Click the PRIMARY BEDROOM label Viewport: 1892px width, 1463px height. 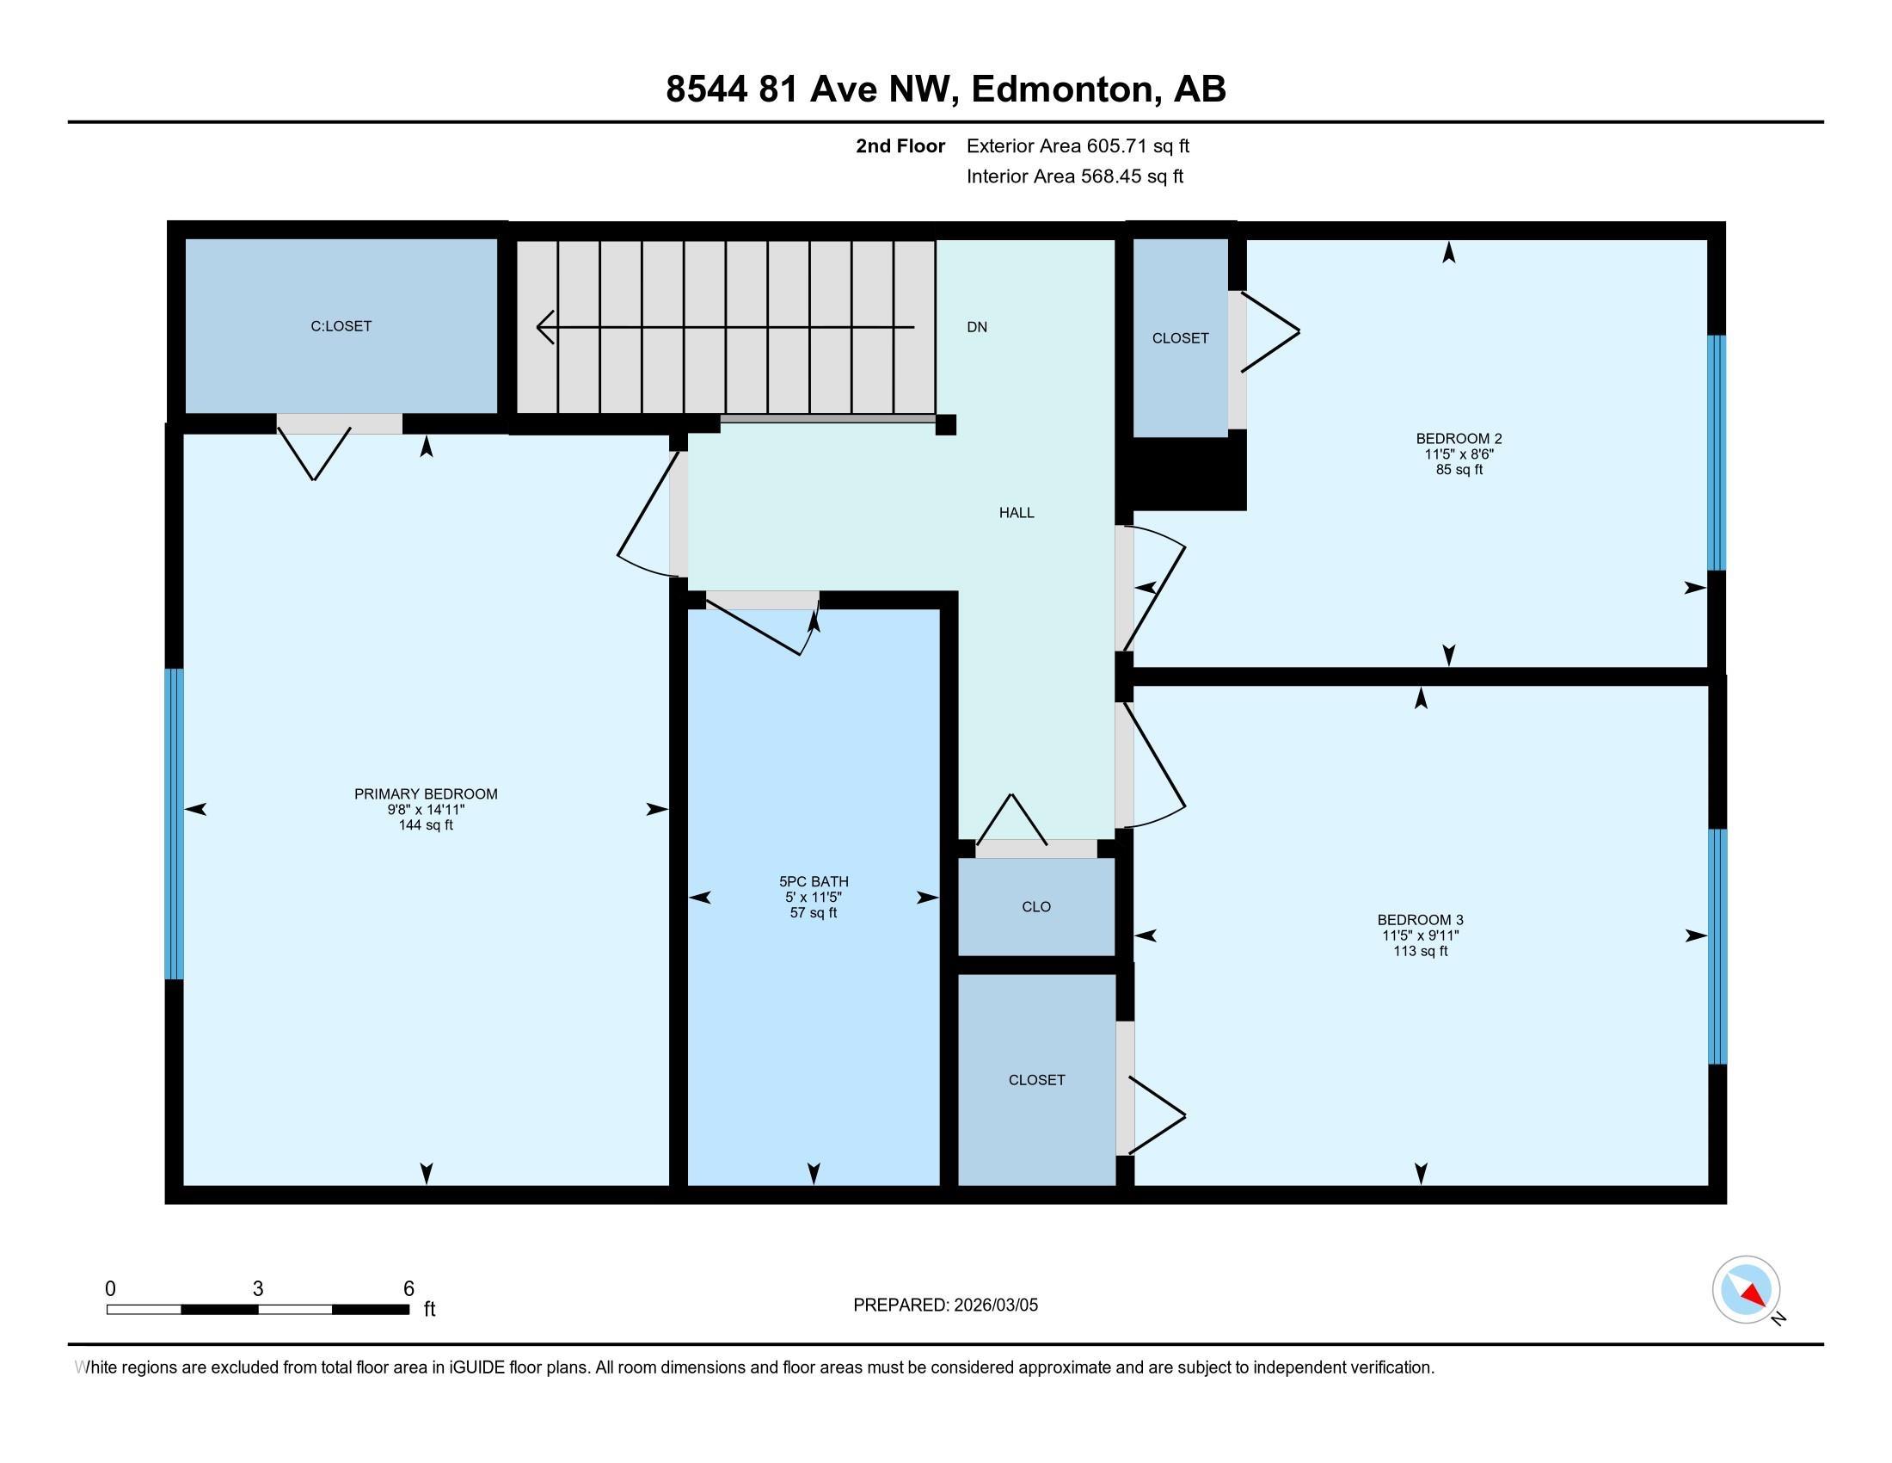pos(426,794)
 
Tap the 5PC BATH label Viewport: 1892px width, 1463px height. pos(814,881)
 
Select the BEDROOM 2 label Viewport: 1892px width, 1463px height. pos(1459,439)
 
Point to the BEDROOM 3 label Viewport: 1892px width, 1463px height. pos(1421,920)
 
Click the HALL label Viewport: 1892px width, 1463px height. pos(1017,512)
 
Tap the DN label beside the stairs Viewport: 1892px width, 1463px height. pos(977,327)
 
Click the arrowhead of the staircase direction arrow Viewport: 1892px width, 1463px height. pos(545,327)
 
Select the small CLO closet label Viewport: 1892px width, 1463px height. pos(1036,906)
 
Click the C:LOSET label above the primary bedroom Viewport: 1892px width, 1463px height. pos(341,326)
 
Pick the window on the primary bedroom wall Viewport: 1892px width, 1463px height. pos(174,824)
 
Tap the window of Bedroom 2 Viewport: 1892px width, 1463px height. pos(1717,453)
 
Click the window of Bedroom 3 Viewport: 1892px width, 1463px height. pos(1717,947)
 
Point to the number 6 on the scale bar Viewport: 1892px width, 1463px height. pos(408,1289)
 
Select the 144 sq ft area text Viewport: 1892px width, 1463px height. pos(426,825)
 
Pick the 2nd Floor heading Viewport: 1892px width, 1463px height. pos(900,146)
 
